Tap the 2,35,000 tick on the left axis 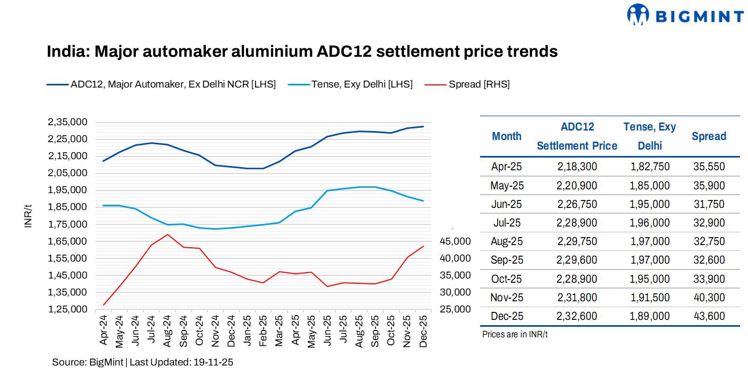coord(67,122)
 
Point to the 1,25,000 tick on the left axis coord(67,309)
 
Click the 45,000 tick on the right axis coord(455,241)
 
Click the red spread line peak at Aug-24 coord(168,234)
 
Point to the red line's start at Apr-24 coord(103,305)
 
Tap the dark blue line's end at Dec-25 coord(423,126)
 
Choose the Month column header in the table coord(506,136)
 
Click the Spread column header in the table coord(708,136)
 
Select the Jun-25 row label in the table coord(507,204)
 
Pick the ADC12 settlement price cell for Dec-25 coord(577,316)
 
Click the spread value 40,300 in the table coord(708,298)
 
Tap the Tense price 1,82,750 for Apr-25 coord(650,167)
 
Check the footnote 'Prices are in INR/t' coord(515,335)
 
